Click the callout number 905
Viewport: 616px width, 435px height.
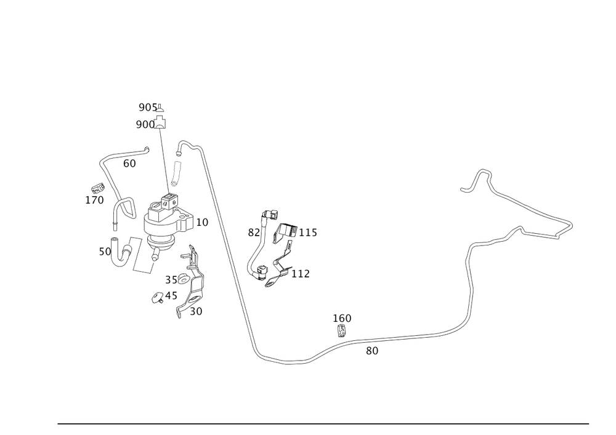148,108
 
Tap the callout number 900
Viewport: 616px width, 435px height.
145,125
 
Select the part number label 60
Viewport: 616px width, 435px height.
129,164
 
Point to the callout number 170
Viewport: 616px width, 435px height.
95,200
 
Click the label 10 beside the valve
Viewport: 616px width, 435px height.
202,222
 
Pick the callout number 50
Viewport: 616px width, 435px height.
105,252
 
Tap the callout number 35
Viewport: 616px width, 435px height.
171,280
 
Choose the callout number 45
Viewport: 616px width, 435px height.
171,296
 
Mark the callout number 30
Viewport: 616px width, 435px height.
196,311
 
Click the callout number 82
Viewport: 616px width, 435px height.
254,233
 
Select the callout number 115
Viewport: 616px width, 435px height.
308,233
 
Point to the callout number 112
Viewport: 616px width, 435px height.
301,274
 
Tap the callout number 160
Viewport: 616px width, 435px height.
342,318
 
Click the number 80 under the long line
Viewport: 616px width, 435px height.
372,351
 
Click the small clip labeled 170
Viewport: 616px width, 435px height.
98,188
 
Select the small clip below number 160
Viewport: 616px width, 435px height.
341,330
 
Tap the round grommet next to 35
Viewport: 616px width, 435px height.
183,279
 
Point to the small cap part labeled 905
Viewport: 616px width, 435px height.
160,108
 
